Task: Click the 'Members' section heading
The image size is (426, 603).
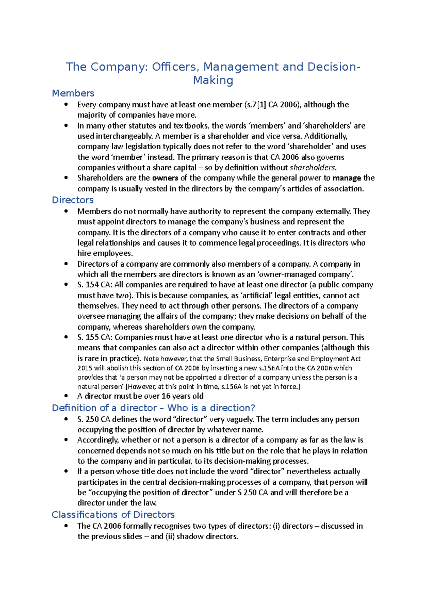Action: [73, 93]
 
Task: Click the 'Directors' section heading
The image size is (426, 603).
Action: [73, 200]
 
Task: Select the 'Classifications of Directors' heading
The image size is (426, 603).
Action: [113, 515]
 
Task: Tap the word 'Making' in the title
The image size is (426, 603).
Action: [213, 80]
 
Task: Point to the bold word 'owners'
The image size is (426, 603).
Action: [165, 178]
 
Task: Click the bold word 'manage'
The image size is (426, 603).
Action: [347, 178]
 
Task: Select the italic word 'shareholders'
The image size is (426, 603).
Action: [312, 168]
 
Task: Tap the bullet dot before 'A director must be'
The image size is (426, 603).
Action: [66, 396]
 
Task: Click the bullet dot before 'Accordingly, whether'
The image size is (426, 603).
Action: [66, 440]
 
